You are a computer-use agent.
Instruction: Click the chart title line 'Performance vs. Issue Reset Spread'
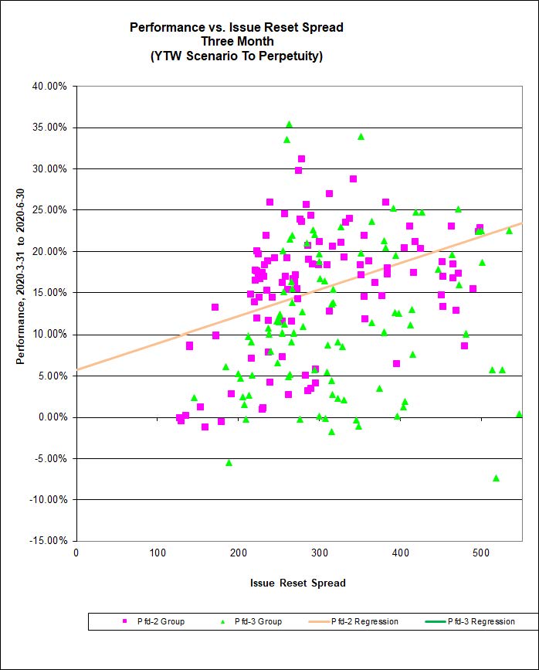point(236,27)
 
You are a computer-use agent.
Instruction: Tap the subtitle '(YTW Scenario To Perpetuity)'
point(236,56)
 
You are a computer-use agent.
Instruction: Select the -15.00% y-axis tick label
point(49,541)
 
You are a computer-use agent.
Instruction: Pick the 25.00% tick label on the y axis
point(50,210)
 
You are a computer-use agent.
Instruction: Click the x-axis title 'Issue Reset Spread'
point(298,583)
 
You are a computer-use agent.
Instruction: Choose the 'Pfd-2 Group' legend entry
point(154,621)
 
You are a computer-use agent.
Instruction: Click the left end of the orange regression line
point(77,369)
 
